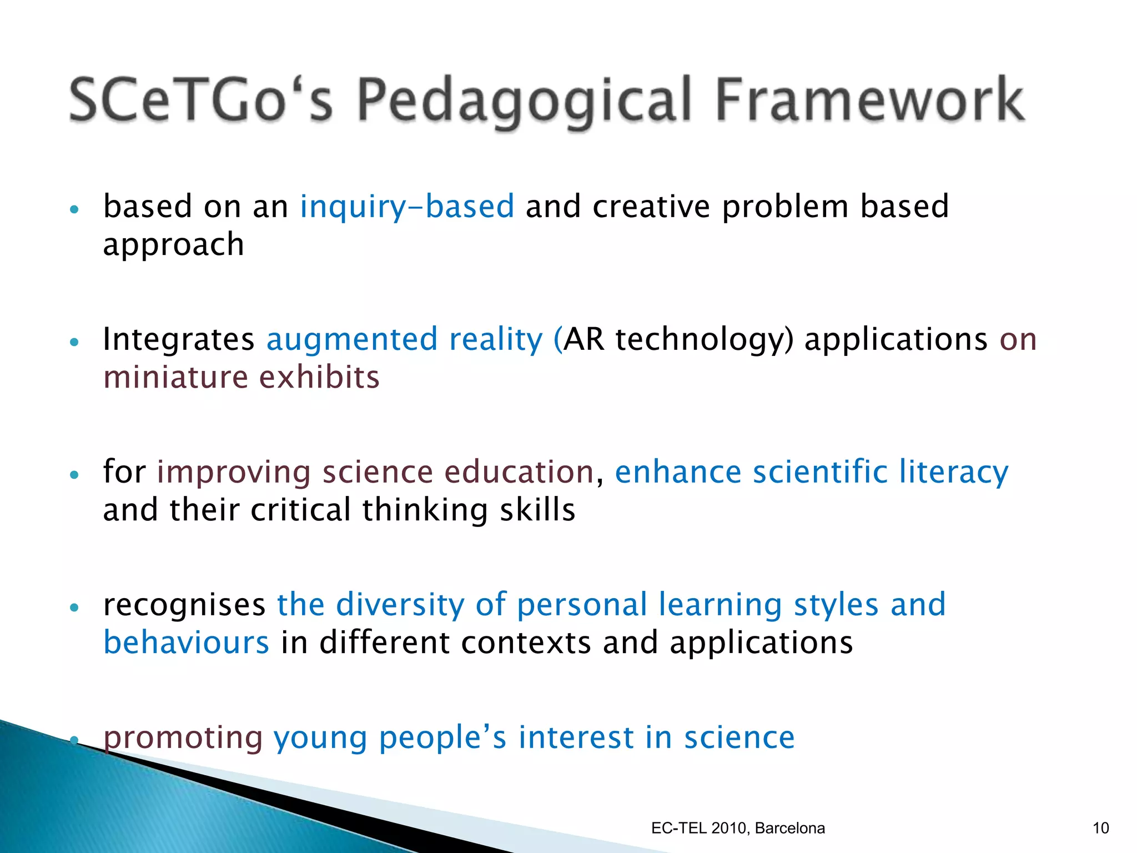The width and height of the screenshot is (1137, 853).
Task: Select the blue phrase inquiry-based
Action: tap(407, 207)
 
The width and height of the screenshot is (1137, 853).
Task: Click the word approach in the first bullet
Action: tap(173, 245)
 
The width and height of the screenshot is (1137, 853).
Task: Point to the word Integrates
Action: tap(178, 340)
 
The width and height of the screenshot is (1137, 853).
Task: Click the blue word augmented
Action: tap(352, 340)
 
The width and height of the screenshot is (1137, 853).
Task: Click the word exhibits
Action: tap(319, 378)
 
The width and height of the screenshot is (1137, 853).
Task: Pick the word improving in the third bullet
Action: tap(234, 473)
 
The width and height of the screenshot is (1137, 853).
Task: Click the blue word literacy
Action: tap(953, 473)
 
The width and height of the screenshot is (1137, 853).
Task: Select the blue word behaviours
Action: tap(187, 643)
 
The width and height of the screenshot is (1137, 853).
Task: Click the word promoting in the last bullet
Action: tap(183, 738)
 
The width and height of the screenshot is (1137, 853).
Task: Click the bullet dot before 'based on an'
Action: tap(74, 209)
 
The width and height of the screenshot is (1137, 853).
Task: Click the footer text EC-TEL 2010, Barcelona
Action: tap(738, 828)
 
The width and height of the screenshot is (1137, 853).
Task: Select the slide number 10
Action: tap(1100, 828)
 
